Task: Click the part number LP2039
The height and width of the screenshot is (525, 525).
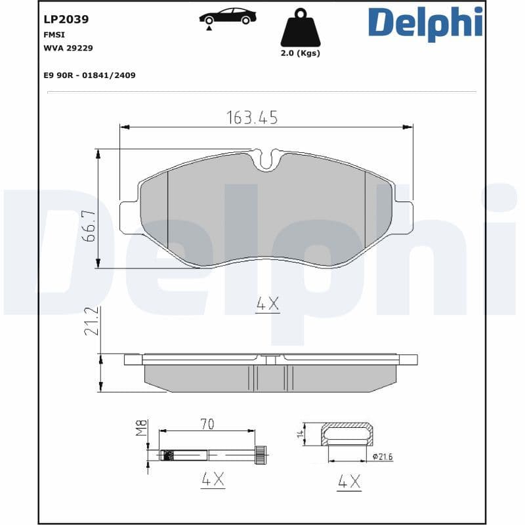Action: (66, 20)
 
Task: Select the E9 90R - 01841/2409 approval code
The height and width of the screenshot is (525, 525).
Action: (89, 75)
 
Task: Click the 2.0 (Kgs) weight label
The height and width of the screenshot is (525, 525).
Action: (300, 53)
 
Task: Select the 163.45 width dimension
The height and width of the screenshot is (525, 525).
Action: (252, 117)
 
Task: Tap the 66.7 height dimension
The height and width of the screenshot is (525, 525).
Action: (89, 226)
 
